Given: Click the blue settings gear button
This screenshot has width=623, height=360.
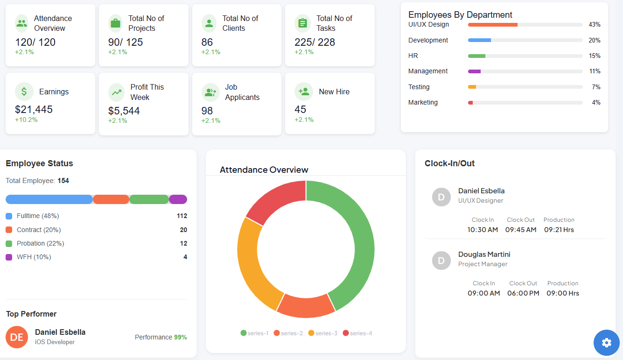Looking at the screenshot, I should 606,343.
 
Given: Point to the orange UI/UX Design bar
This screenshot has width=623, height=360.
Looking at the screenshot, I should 492,25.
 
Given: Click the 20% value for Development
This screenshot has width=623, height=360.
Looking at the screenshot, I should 594,40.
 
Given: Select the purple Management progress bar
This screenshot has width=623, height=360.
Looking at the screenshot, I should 474,71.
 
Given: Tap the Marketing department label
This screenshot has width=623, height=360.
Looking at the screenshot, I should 423,102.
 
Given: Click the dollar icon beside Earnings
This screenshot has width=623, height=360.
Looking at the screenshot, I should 24,92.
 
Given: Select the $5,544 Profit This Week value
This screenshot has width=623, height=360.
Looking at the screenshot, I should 124,111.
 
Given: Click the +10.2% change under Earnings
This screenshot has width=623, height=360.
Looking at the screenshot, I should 26,120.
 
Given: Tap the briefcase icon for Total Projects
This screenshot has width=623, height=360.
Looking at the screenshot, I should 116,23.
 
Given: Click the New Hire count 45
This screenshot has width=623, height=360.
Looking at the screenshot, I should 301,109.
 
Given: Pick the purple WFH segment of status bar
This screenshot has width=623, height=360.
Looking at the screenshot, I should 178,199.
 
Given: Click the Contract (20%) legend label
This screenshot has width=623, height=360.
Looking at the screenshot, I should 39,230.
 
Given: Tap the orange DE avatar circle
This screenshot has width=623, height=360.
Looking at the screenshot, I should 17,337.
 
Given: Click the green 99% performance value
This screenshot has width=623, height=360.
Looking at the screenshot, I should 180,337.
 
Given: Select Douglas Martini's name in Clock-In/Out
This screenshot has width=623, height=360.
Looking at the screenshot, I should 484,254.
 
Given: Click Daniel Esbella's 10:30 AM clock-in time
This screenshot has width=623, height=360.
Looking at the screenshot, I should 483,230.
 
